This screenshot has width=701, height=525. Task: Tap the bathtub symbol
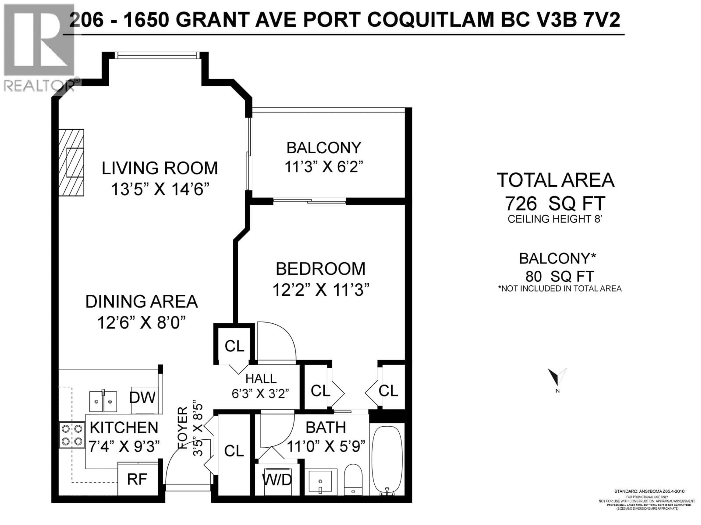387,464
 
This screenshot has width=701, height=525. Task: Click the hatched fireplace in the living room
72,162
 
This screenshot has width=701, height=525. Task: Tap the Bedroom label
320,269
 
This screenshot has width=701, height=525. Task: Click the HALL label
261,378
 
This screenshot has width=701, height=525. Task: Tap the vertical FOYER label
183,428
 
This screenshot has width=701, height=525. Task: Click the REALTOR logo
39,47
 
